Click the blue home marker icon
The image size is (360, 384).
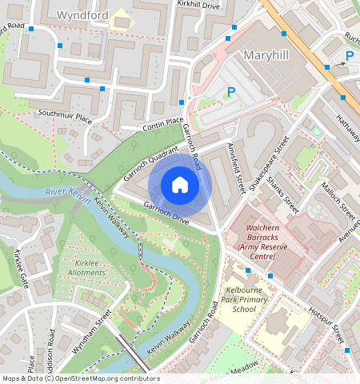[180, 185]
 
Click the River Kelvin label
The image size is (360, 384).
[67, 192]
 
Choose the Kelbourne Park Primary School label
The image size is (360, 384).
[246, 298]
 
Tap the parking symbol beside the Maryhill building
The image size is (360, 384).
[231, 92]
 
